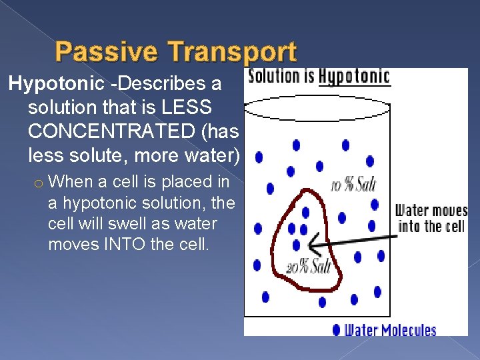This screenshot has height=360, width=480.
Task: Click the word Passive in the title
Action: click(x=107, y=52)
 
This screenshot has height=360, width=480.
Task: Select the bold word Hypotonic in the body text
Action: click(x=56, y=84)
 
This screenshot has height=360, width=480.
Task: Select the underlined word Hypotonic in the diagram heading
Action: click(x=354, y=77)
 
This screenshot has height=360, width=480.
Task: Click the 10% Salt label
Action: click(x=353, y=185)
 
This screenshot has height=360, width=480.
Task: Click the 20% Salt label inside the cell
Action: click(x=308, y=267)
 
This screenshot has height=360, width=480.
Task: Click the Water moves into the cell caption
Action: click(x=431, y=219)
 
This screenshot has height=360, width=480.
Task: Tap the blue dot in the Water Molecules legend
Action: click(x=336, y=329)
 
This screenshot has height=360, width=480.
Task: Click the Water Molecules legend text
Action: click(x=390, y=330)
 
